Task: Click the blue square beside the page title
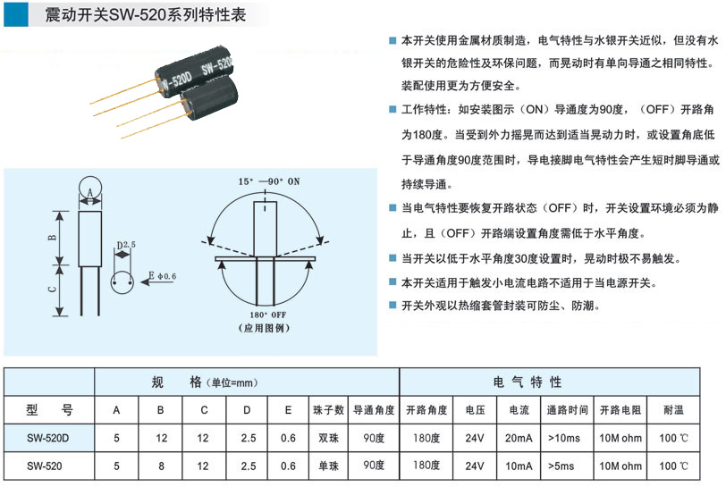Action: click(x=16, y=14)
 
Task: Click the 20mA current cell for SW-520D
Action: click(x=519, y=438)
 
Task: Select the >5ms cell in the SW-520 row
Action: click(x=561, y=466)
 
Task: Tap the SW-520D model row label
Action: click(x=47, y=438)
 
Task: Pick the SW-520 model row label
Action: click(x=44, y=466)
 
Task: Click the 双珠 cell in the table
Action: click(x=328, y=438)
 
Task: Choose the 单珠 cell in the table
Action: click(x=328, y=466)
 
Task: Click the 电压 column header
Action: click(x=475, y=409)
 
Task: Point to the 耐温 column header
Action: click(x=673, y=409)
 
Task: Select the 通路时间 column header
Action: click(x=567, y=409)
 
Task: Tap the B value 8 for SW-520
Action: click(x=161, y=466)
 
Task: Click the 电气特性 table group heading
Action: click(x=528, y=382)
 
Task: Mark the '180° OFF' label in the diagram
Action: click(x=268, y=315)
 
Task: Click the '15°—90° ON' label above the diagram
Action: click(x=269, y=181)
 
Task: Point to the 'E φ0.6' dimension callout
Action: click(x=162, y=276)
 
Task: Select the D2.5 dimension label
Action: click(x=126, y=245)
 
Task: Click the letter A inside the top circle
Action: click(x=89, y=192)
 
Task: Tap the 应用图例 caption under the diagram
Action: click(x=265, y=328)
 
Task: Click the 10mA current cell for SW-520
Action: click(x=519, y=466)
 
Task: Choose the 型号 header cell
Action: click(x=49, y=409)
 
